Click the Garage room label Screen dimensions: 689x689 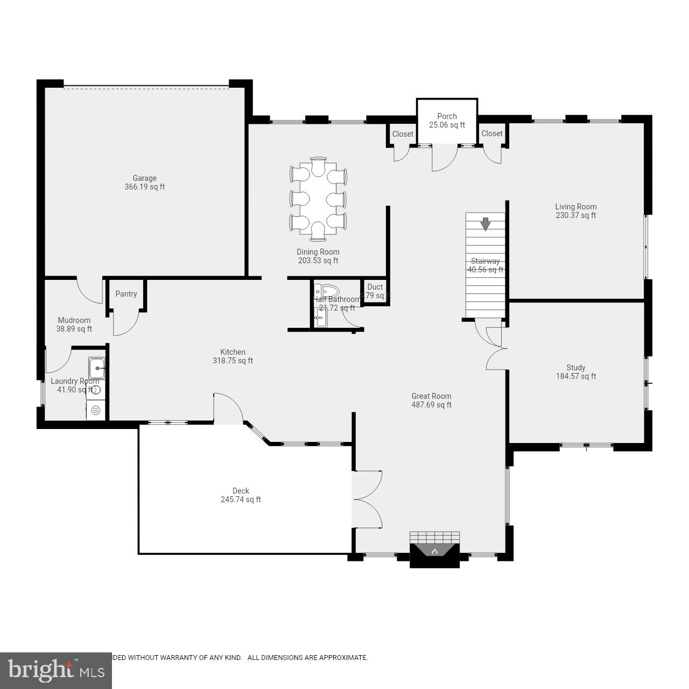click(x=144, y=178)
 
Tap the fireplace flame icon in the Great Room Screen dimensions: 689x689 click(x=435, y=551)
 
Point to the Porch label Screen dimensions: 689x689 click(x=447, y=116)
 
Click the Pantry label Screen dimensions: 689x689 click(x=126, y=294)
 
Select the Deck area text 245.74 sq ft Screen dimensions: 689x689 click(x=241, y=500)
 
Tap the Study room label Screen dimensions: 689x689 click(x=575, y=368)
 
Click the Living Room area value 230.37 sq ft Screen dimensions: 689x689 click(x=575, y=215)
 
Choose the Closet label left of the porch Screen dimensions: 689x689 click(x=403, y=134)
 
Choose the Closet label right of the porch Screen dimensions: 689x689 click(x=492, y=133)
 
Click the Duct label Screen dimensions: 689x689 click(x=375, y=287)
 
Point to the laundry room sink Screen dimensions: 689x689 click(x=97, y=368)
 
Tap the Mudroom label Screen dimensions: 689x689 click(x=74, y=320)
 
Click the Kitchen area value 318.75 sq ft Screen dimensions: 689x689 click(x=233, y=361)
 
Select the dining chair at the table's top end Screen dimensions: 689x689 click(x=318, y=166)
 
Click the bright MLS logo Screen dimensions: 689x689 click(x=55, y=670)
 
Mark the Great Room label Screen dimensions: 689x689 click(x=431, y=396)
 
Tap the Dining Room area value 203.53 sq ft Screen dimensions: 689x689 click(x=318, y=261)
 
